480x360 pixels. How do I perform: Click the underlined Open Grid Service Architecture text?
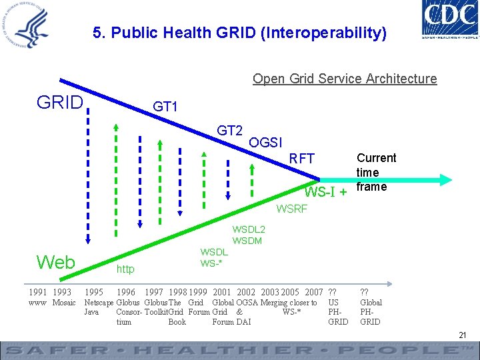click(345, 79)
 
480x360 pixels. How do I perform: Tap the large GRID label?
click(60, 103)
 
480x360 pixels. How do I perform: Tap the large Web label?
click(55, 262)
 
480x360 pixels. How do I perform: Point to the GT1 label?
click(165, 107)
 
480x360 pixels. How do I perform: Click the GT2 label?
click(229, 130)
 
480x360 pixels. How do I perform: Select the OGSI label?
click(265, 142)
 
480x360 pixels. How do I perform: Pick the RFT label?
click(301, 159)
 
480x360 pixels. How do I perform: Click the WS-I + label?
click(325, 193)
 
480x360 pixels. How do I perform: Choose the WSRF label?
click(292, 209)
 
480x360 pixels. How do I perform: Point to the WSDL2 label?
click(248, 229)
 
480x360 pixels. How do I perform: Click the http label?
click(125, 269)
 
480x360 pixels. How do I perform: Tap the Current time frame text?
click(376, 172)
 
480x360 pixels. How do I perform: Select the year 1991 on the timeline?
click(37, 292)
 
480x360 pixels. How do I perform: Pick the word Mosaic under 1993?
click(64, 303)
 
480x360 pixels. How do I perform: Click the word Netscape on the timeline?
click(99, 303)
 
